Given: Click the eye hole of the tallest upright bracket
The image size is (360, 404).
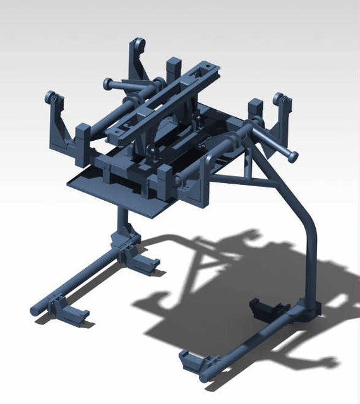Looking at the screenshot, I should (x=139, y=45).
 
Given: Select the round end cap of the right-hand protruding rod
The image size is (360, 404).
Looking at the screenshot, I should (x=292, y=155).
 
